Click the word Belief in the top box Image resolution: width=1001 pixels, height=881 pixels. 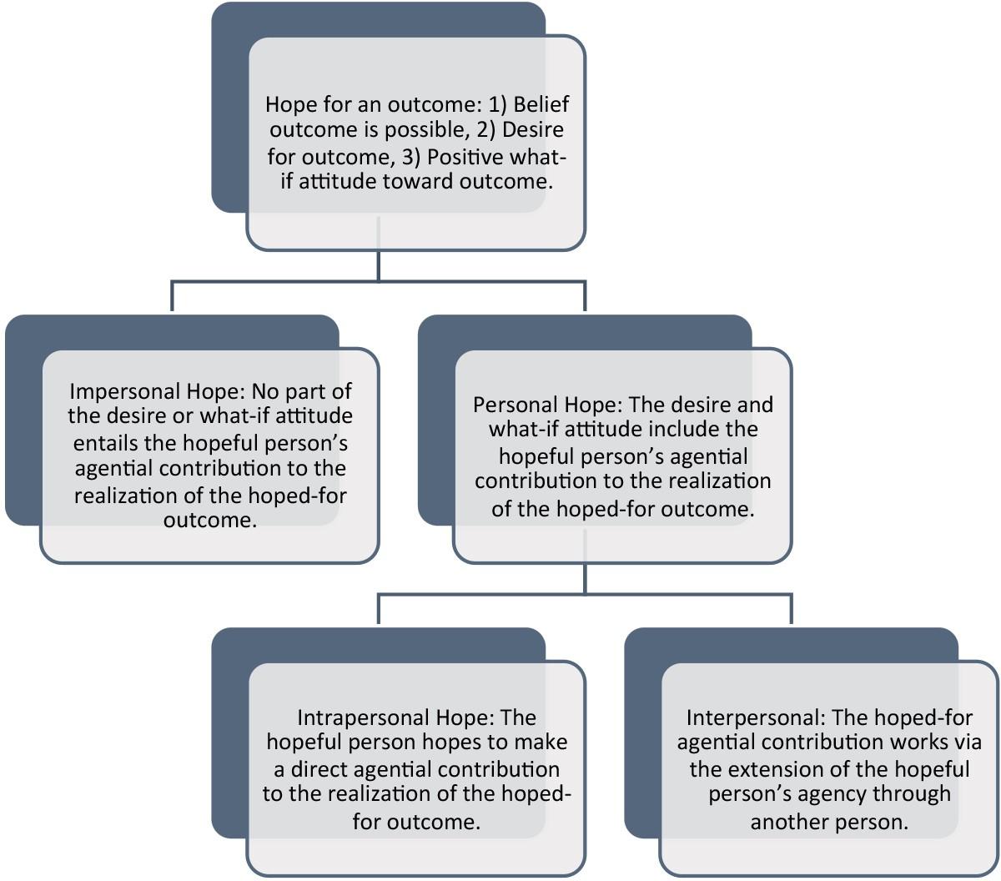pyautogui.click(x=541, y=104)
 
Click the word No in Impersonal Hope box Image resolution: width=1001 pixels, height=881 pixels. pyautogui.click(x=266, y=390)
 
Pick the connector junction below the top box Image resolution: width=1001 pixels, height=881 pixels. pyautogui.click(x=379, y=281)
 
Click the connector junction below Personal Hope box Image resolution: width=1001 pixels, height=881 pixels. pyautogui.click(x=585, y=594)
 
